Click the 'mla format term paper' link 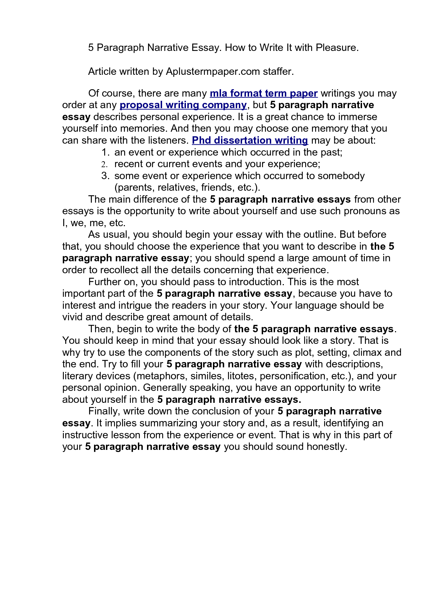[263, 93]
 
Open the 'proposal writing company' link [183, 105]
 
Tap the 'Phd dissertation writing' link [250, 140]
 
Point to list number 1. [106, 152]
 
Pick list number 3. [106, 176]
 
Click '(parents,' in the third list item [134, 188]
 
